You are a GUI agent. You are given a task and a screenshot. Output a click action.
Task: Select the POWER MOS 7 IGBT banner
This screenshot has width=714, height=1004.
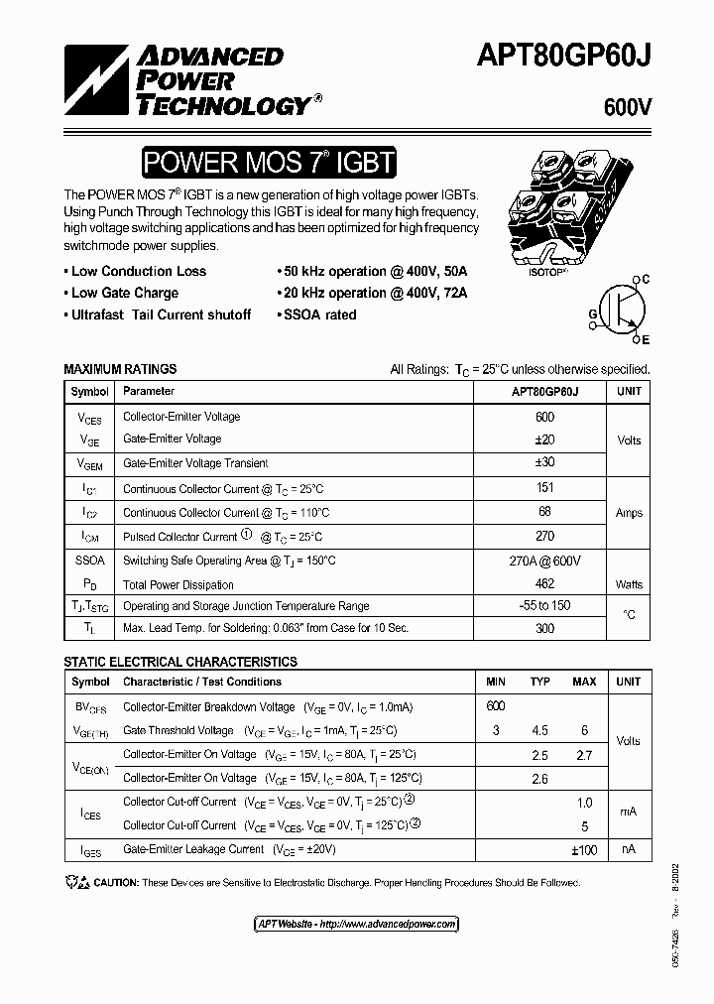pyautogui.click(x=268, y=162)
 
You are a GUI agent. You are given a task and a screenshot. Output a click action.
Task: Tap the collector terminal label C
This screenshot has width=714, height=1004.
pyautogui.click(x=645, y=281)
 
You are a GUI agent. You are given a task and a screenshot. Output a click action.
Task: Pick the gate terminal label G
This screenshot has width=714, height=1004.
pyautogui.click(x=592, y=314)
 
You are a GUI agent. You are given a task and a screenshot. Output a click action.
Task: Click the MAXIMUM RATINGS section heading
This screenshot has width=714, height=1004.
pyautogui.click(x=120, y=369)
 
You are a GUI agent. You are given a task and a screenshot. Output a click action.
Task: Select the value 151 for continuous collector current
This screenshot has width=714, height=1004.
pyautogui.click(x=544, y=488)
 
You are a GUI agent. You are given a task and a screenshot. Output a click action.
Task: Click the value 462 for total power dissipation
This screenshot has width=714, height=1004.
pyautogui.click(x=544, y=584)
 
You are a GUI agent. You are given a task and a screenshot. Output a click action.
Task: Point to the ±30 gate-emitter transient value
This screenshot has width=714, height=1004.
pyautogui.click(x=544, y=463)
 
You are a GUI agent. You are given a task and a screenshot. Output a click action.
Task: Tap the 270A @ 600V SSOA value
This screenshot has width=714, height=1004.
pyautogui.click(x=544, y=561)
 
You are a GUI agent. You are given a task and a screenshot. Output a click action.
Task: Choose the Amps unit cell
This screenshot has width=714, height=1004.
pyautogui.click(x=629, y=513)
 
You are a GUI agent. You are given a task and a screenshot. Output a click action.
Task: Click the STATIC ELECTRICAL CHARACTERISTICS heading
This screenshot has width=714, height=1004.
pyautogui.click(x=180, y=662)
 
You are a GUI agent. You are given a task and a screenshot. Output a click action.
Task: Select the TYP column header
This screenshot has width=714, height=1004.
pyautogui.click(x=539, y=682)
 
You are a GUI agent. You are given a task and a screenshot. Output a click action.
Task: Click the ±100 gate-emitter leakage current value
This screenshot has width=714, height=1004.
pyautogui.click(x=584, y=850)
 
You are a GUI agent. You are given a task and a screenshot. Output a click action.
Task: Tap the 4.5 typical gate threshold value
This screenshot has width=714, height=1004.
pyautogui.click(x=539, y=731)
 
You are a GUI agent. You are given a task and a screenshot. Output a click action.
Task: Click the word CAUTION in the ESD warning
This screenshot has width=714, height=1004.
pyautogui.click(x=117, y=883)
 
